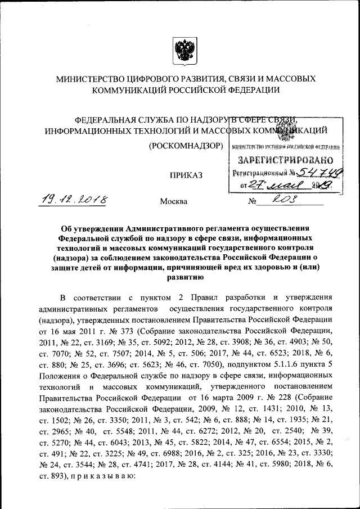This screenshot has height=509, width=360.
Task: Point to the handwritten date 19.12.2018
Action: tap(76, 200)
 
